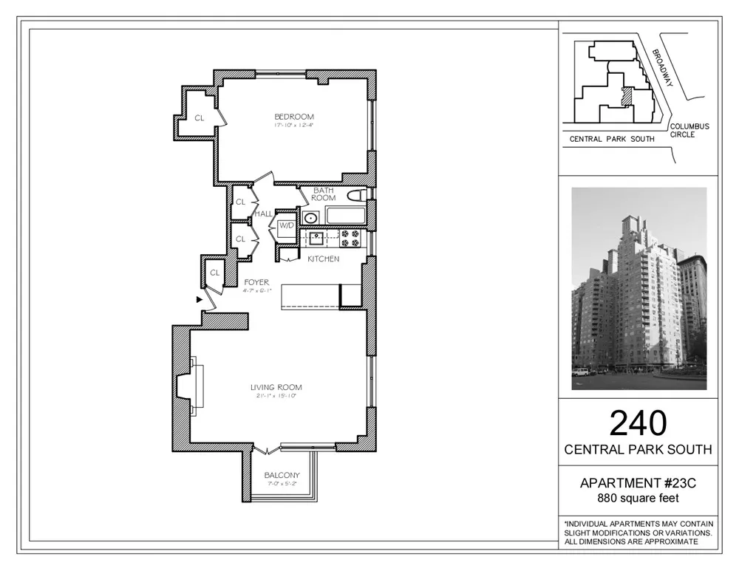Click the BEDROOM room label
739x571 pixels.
click(x=294, y=117)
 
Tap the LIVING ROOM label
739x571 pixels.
click(x=276, y=387)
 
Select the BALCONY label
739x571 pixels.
click(x=282, y=475)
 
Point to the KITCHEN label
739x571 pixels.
click(x=324, y=259)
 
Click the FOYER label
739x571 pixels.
click(x=256, y=282)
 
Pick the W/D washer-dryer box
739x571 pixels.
click(x=286, y=225)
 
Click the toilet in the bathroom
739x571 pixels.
click(x=358, y=196)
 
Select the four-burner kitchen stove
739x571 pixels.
click(x=349, y=238)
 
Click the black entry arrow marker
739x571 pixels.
click(x=199, y=300)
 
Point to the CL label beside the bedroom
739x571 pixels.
click(x=200, y=117)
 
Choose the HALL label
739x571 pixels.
click(x=263, y=213)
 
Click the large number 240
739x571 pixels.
click(x=638, y=423)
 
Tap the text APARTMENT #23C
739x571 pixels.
click(x=638, y=484)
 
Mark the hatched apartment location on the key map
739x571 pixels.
click(x=627, y=98)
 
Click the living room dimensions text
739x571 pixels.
click(x=276, y=397)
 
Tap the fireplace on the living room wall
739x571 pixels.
click(x=186, y=386)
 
